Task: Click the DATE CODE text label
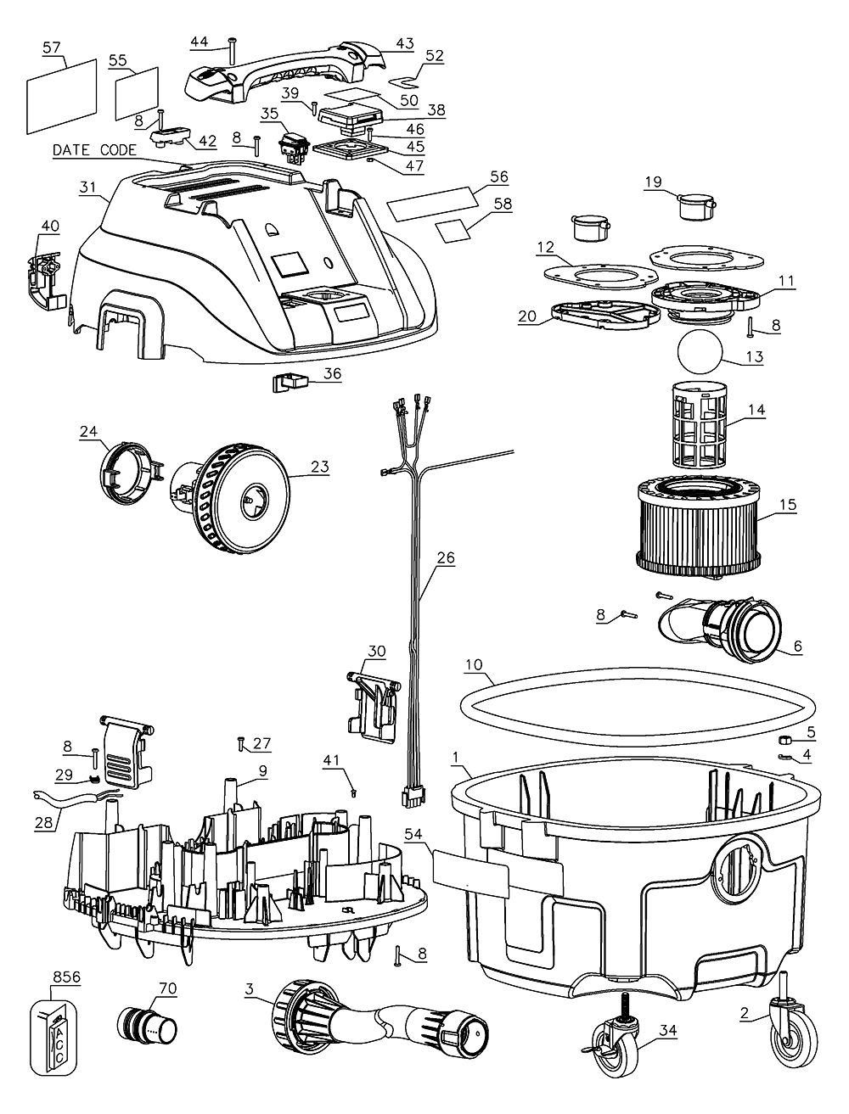click(93, 150)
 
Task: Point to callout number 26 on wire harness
click(446, 558)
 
